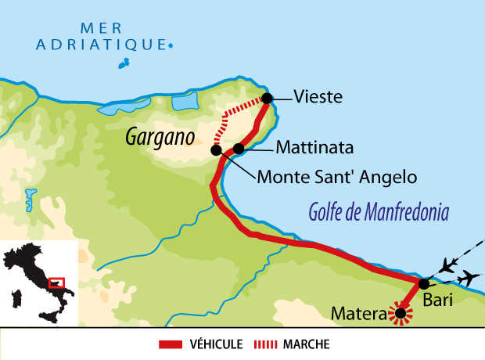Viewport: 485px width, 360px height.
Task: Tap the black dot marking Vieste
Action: point(267,98)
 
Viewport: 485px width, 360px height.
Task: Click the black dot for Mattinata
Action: point(239,147)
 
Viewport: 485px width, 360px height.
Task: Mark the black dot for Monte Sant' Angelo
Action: point(217,149)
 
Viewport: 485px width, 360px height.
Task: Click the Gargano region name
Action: point(160,138)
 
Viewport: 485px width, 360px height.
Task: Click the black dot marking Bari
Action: point(423,284)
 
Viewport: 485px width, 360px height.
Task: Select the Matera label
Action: point(359,315)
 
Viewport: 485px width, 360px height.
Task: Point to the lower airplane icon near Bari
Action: point(469,277)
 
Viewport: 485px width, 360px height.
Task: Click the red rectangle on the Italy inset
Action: point(56,282)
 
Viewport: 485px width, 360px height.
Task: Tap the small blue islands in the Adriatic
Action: point(124,63)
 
